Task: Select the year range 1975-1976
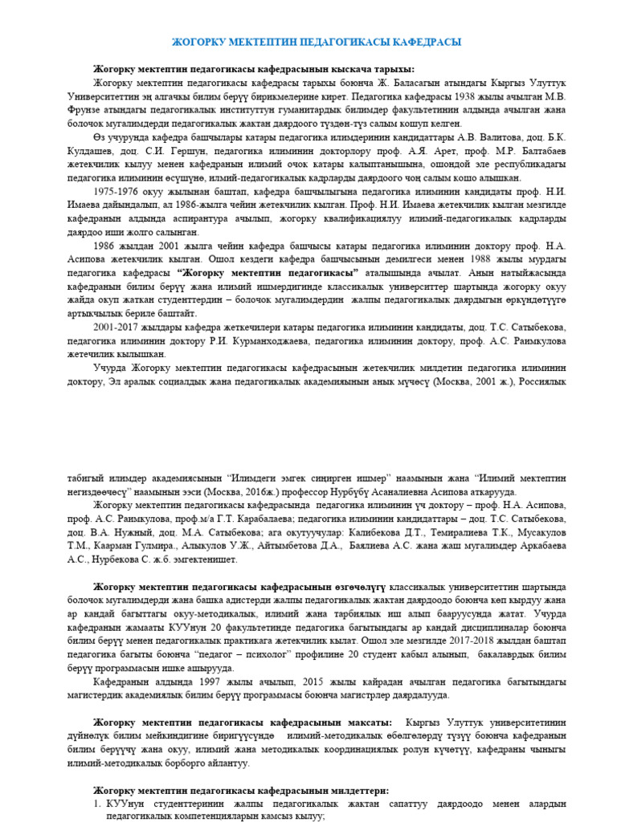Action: pyautogui.click(x=116, y=193)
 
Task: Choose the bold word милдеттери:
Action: pyautogui.click(x=356, y=791)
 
